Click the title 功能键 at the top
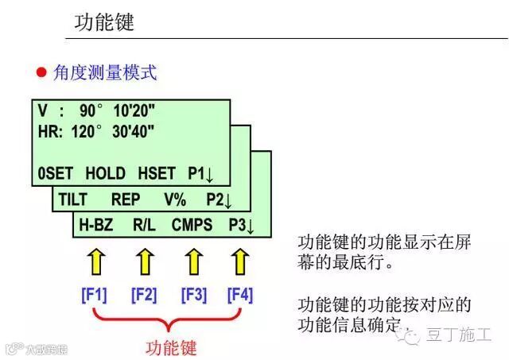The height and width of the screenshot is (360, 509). coord(105,21)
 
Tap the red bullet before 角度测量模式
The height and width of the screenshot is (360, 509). coord(41,73)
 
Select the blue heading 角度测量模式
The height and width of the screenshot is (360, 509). coord(105,73)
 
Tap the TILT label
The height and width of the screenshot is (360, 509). coord(73,199)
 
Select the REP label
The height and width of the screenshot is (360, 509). coord(126,199)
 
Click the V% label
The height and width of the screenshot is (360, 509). coord(175,199)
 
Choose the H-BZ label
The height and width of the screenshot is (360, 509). coord(95,225)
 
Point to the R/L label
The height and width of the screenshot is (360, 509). coord(144,225)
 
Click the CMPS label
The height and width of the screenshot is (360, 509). coord(192,225)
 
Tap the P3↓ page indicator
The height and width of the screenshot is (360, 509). coord(239,225)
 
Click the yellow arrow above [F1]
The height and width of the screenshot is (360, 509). coord(95,261)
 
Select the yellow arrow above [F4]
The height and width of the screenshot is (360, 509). coord(240,261)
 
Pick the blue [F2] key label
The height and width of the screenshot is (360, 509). coord(144,295)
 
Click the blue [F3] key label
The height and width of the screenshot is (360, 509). coord(193,295)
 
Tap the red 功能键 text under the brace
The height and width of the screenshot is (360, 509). coord(171,347)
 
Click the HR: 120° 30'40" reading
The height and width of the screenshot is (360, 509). coord(95,131)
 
